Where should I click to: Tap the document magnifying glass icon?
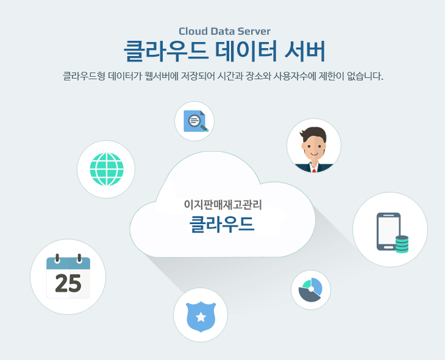pos(195,121)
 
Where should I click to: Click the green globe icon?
pos(107,169)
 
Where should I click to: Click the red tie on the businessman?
pos(314,170)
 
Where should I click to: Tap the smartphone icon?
pos(388,231)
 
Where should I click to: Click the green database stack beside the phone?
pos(402,244)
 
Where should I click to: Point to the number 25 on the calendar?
pos(68,283)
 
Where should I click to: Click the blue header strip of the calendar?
pos(68,263)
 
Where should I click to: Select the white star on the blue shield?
pos(201,317)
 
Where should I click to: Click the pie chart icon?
pos(310,290)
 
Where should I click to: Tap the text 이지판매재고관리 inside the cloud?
pos(222,205)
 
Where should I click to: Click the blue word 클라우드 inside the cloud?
pos(222,224)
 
